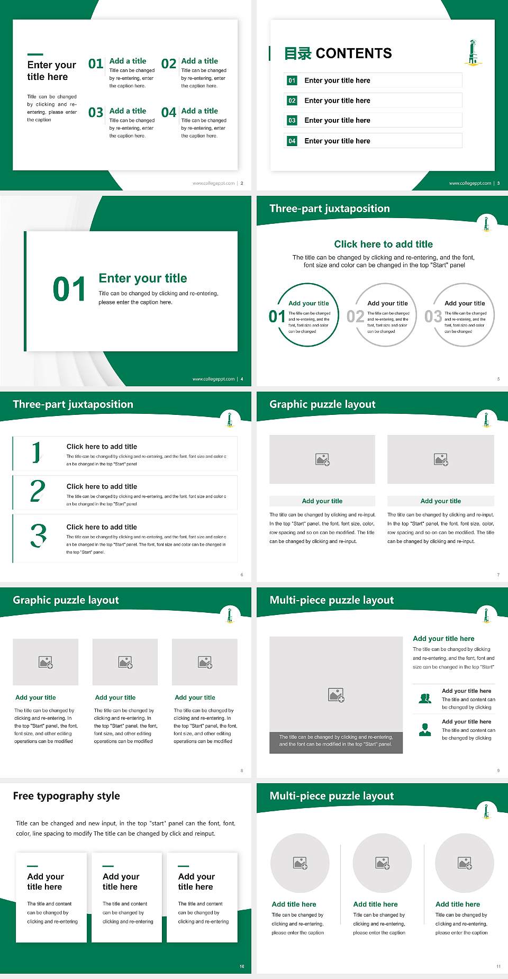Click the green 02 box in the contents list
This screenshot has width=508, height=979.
pos(292,101)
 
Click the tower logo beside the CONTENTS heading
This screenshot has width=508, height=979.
pos(473,52)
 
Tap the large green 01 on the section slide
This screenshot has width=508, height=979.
pos(69,289)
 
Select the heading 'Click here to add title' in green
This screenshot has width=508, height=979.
pos(383,244)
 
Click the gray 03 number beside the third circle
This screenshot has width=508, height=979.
pos(433,316)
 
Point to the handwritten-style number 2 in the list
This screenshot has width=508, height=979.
pos(38,491)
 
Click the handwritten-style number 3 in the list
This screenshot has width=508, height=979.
pos(38,535)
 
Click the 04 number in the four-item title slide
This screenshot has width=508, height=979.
pos(169,113)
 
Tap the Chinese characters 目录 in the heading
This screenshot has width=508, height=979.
pos(297,53)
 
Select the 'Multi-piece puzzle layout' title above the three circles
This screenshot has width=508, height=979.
pos(332,796)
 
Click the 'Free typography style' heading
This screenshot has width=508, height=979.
pos(66,796)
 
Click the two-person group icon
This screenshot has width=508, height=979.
pos(425,699)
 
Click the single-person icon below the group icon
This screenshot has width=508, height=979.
pos(425,730)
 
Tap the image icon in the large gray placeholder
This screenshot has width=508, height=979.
pos(336,695)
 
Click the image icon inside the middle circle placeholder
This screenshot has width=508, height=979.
pos(383,863)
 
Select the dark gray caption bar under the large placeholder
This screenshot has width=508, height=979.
pos(336,740)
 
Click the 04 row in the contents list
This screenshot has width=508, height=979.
pos(373,141)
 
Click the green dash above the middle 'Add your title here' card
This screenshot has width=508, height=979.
pos(108,866)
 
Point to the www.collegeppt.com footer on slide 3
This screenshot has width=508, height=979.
pos(470,183)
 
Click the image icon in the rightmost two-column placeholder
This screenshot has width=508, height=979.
pos(441,459)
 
